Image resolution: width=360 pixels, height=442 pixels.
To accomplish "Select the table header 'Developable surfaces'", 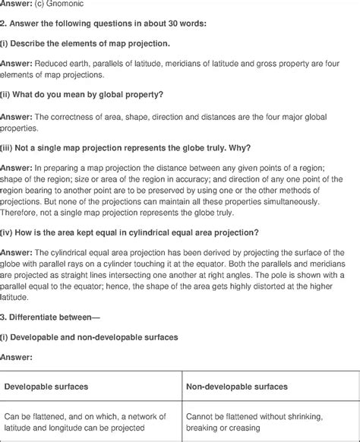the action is point(46,387).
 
